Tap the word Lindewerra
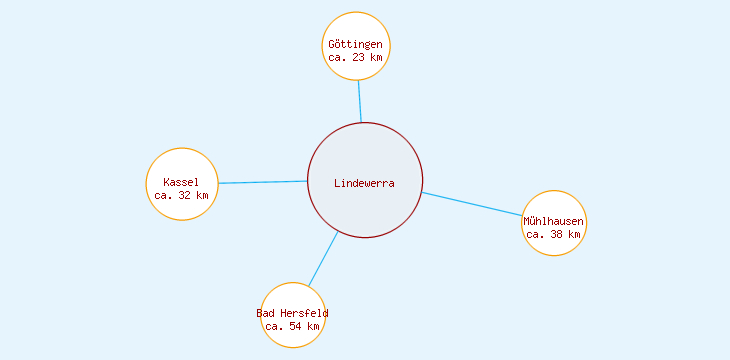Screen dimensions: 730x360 pyautogui.click(x=364, y=183)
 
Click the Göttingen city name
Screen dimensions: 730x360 pyautogui.click(x=356, y=45)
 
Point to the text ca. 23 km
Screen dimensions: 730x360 pyautogui.click(x=356, y=57)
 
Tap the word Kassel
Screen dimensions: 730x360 pyautogui.click(x=182, y=182)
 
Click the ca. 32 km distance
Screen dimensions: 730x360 pyautogui.click(x=182, y=195)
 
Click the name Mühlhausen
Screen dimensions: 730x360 pyautogui.click(x=554, y=221)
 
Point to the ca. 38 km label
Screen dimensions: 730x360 pyautogui.click(x=554, y=234)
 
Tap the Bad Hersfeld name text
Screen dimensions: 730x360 pyautogui.click(x=293, y=314)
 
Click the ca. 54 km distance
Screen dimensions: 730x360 pyautogui.click(x=293, y=326)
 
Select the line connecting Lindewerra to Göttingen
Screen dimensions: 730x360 pyautogui.click(x=360, y=101)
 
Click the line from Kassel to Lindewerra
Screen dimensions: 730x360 pyautogui.click(x=262, y=182)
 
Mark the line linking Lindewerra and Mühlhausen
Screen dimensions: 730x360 pyautogui.click(x=471, y=203)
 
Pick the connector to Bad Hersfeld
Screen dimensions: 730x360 pyautogui.click(x=323, y=259)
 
